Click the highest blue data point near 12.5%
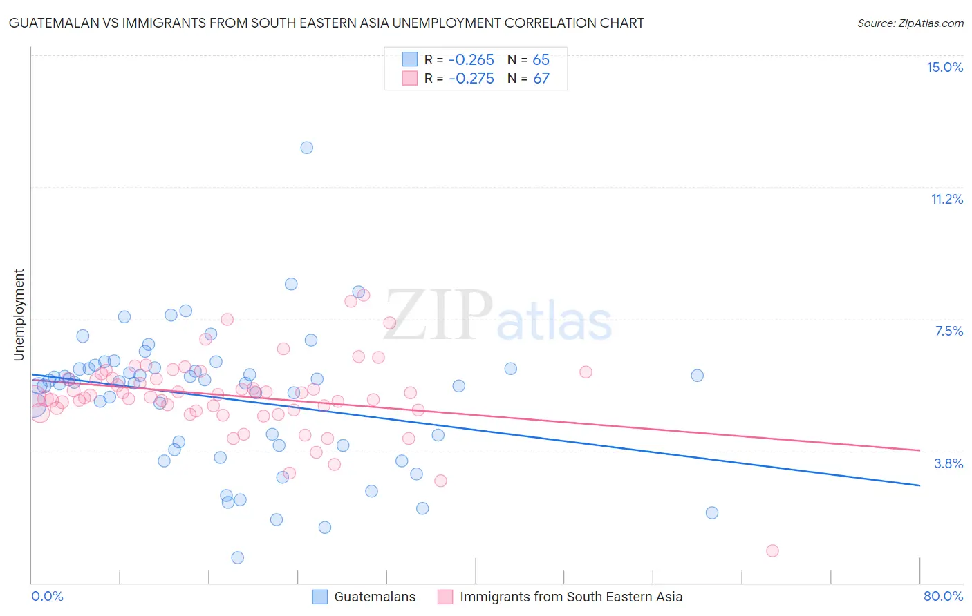[307, 147]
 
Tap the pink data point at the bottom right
[772, 550]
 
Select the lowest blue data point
[238, 557]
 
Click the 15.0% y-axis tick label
[944, 67]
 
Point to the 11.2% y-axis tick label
[946, 199]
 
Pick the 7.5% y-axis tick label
[948, 331]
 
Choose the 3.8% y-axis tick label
[948, 463]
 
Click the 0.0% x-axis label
[47, 596]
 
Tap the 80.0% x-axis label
[943, 596]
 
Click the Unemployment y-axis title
[19, 315]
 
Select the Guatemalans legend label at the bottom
[375, 597]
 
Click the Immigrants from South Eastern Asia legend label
[571, 597]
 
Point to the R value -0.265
[471, 60]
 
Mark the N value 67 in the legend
[541, 78]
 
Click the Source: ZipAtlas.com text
[910, 23]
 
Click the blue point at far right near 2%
[712, 512]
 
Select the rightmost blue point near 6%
[698, 375]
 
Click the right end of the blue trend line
[919, 485]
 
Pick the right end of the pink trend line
[919, 450]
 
